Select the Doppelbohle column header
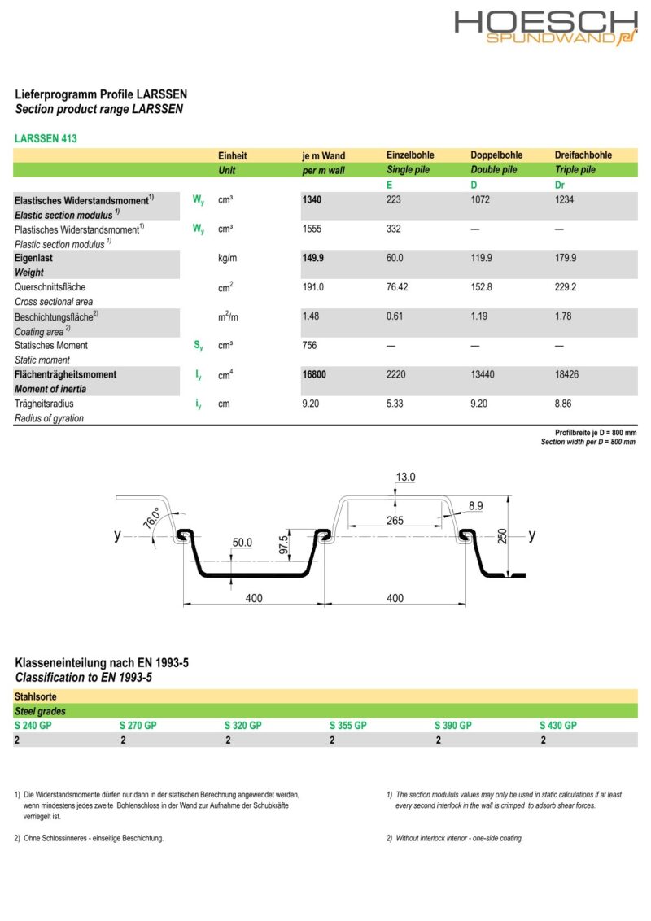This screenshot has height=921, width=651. [496, 155]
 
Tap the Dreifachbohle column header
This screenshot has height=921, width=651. [583, 155]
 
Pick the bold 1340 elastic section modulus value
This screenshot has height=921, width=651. [312, 200]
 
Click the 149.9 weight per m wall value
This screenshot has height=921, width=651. [313, 258]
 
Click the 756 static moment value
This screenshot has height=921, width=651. [309, 346]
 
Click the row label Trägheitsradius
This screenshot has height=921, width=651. [44, 404]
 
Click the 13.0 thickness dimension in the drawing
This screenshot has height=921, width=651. [405, 477]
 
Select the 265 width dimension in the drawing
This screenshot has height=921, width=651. [395, 520]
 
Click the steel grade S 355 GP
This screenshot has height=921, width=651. [348, 725]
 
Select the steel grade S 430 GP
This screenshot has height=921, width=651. [557, 725]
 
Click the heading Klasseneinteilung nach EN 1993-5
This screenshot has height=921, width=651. [102, 663]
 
